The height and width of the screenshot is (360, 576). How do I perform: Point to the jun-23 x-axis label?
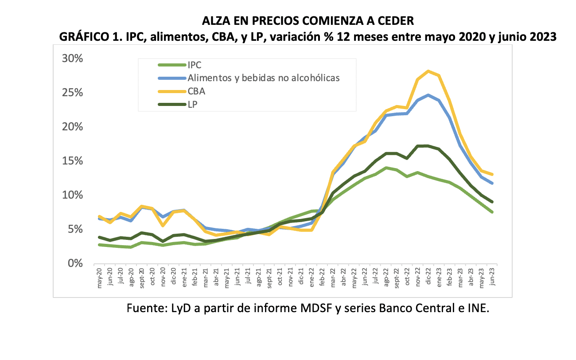point(492,277)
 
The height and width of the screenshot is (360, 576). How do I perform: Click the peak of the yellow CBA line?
point(428,71)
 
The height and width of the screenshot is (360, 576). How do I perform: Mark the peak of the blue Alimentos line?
point(428,95)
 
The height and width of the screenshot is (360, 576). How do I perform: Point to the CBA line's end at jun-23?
point(492,174)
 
